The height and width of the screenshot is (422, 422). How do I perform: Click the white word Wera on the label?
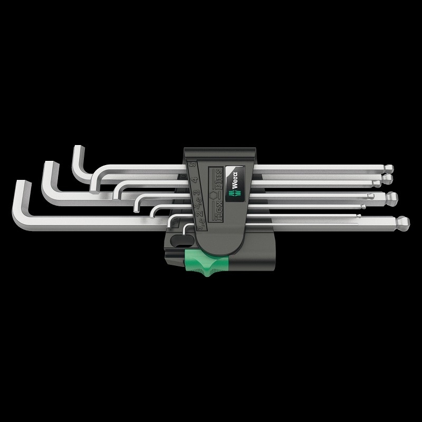click(x=234, y=181)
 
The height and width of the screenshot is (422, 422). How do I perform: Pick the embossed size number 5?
click(x=193, y=164)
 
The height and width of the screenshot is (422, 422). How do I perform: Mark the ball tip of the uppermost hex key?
click(x=390, y=169)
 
